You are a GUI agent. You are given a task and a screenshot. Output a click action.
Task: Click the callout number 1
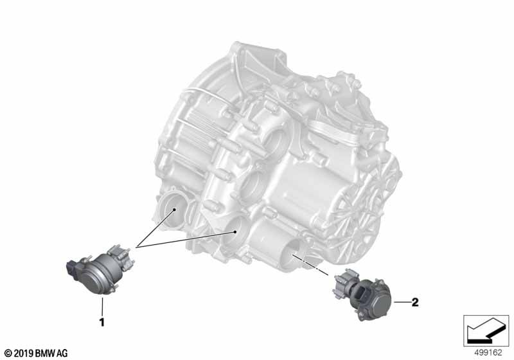(102, 322)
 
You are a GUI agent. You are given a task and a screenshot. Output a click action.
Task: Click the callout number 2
(415, 302)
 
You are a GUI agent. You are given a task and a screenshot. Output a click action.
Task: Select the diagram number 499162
(488, 353)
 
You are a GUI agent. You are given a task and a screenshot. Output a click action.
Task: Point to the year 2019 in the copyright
(22, 354)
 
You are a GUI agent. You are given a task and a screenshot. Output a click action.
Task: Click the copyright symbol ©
(8, 354)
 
